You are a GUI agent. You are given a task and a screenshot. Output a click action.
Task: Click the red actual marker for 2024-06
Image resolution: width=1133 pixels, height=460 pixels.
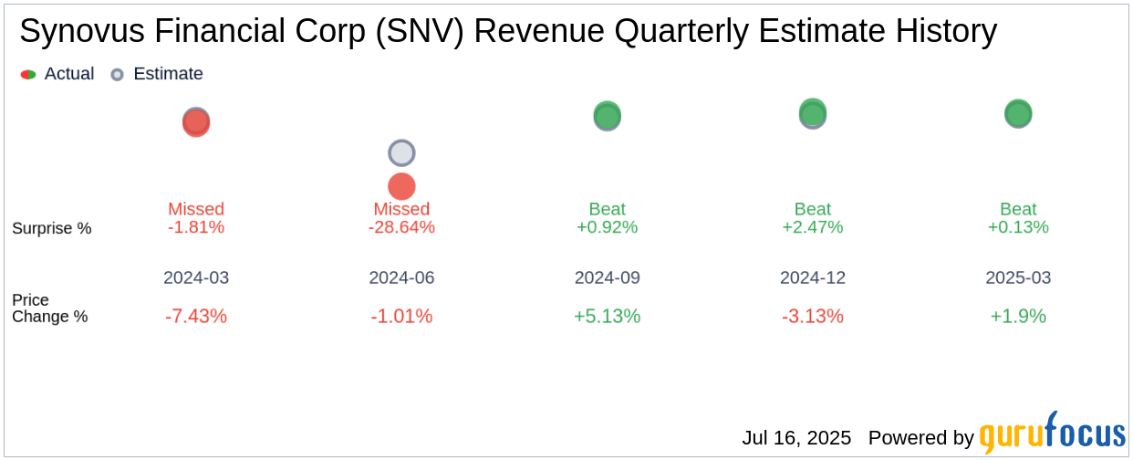click(401, 186)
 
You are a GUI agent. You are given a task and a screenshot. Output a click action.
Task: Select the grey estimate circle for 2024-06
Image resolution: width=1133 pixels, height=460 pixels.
click(401, 153)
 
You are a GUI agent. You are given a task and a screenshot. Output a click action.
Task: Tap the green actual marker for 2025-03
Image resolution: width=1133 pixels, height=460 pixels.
click(1018, 113)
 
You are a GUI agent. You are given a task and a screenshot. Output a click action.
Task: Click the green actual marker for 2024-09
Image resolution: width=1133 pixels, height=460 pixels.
click(607, 115)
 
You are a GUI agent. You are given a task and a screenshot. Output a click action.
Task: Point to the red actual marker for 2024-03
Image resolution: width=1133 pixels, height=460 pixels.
click(196, 123)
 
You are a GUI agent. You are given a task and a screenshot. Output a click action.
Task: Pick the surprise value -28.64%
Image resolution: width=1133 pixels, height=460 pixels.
click(401, 227)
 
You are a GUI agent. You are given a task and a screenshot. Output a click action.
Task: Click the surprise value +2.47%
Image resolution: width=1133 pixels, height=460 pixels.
click(812, 227)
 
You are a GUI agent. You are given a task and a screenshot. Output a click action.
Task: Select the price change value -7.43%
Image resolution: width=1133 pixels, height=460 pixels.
click(196, 317)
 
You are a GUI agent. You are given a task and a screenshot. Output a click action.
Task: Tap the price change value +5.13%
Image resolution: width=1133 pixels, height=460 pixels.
click(607, 317)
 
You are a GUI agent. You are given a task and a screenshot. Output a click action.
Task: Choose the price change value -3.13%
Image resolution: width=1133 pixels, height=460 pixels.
click(812, 317)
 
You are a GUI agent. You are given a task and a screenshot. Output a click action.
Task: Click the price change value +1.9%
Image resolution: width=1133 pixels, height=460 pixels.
click(1018, 317)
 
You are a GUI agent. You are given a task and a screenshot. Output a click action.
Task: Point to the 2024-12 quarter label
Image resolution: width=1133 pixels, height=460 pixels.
click(812, 277)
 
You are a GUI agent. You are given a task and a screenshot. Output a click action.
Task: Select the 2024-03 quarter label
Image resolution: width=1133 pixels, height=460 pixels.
click(196, 277)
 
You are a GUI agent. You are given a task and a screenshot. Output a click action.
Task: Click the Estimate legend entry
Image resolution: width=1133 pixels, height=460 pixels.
click(157, 74)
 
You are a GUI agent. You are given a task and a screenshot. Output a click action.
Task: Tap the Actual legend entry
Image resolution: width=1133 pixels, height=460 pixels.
click(57, 74)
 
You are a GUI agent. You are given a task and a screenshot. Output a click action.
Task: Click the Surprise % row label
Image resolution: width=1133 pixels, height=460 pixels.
click(52, 228)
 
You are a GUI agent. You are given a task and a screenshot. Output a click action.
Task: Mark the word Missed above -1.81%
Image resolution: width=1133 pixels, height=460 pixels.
click(196, 209)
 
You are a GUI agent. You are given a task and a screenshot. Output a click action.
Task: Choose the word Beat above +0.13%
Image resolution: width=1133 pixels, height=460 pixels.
click(1018, 209)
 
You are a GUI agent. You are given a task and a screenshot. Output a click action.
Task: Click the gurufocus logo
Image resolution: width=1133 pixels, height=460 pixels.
click(1052, 434)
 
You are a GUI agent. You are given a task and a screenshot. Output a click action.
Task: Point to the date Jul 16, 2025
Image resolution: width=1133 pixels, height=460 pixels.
click(796, 438)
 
